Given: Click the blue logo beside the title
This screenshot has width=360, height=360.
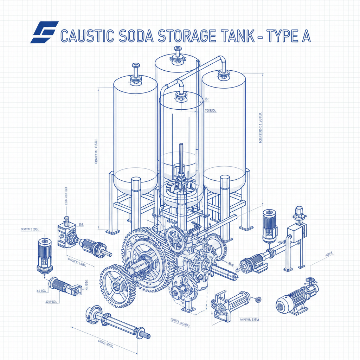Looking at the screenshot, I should pyautogui.click(x=44, y=32).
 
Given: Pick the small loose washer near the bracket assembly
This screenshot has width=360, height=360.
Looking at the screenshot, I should pyautogui.click(x=259, y=299).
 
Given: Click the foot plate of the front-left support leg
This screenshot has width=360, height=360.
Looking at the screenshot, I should pyautogui.click(x=113, y=232).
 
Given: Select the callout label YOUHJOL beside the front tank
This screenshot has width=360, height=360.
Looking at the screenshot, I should pyautogui.click(x=210, y=111).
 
